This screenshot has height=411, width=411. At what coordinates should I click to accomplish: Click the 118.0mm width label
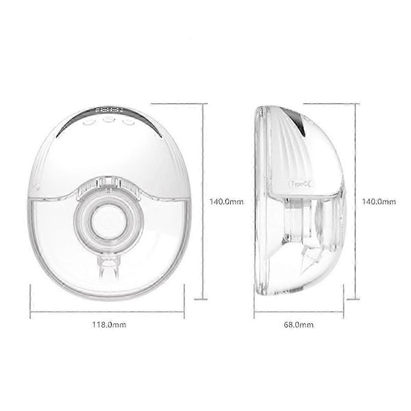click(x=109, y=325)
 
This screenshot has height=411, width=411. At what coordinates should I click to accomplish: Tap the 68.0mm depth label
click(x=299, y=325)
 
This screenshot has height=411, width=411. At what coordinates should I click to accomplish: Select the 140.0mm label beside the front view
click(x=227, y=201)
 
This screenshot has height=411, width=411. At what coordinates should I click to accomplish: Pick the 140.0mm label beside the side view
click(x=379, y=201)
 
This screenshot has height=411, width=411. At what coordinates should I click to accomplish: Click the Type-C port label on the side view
click(x=301, y=184)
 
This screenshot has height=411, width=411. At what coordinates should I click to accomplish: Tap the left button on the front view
click(x=88, y=123)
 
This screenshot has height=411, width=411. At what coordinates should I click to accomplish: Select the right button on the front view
click(x=128, y=122)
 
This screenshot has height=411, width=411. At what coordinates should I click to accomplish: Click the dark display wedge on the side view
click(x=301, y=121)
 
